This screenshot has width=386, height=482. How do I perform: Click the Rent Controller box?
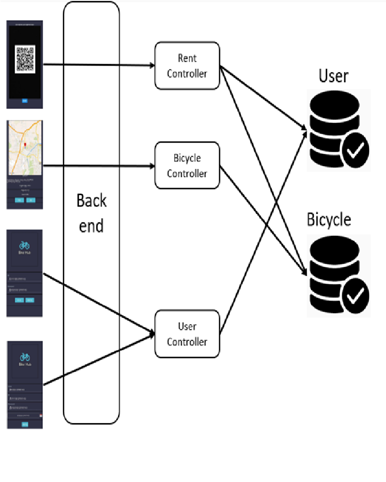tap(187, 66)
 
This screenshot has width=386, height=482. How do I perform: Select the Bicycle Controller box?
tap(187, 166)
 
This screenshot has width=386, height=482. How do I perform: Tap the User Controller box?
tap(187, 334)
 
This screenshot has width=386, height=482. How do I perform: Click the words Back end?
tap(91, 213)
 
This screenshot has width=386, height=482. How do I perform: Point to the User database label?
tap(333, 76)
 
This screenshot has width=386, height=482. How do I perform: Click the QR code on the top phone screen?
tap(25, 59)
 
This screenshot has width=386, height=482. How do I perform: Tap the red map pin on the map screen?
tap(24, 146)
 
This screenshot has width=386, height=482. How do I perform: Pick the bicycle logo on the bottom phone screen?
tap(25, 356)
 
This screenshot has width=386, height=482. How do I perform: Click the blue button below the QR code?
tap(25, 101)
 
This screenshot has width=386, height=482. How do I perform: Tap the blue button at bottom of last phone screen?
tap(25, 424)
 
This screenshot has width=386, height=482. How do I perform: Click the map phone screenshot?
tap(25, 164)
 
